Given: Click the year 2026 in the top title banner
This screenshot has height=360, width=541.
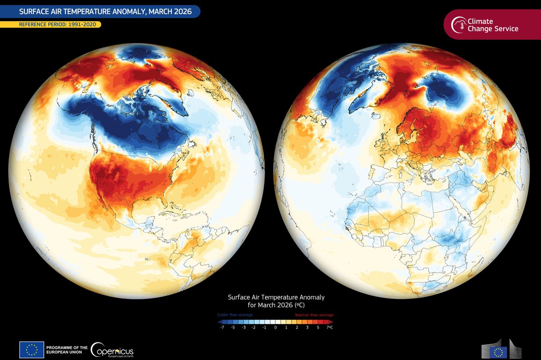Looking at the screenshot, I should (178, 11).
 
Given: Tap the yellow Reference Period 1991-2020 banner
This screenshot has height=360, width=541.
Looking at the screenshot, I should (54, 24).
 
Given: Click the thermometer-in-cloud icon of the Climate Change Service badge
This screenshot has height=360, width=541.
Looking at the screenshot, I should (460, 24).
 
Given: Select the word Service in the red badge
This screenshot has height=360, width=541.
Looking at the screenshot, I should (506, 29).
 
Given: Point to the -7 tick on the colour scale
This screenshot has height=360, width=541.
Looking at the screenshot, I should (222, 328).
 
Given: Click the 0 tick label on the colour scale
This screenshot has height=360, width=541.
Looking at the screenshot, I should (275, 328).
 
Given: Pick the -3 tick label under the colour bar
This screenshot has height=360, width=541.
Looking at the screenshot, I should (243, 328).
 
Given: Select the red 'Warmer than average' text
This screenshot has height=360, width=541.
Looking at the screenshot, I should (314, 315).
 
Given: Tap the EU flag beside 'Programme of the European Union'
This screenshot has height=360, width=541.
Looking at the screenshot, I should (32, 350).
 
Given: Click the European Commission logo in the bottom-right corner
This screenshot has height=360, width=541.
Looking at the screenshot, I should (500, 349).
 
